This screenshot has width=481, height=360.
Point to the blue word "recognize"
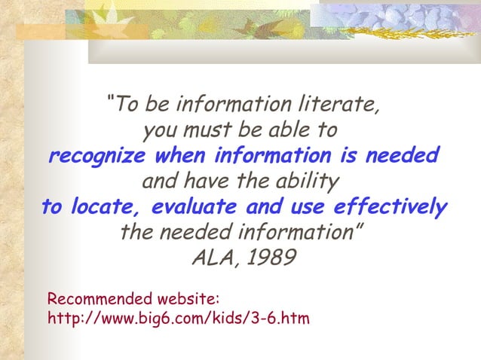[97, 156]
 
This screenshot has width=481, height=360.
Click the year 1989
[270, 258]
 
